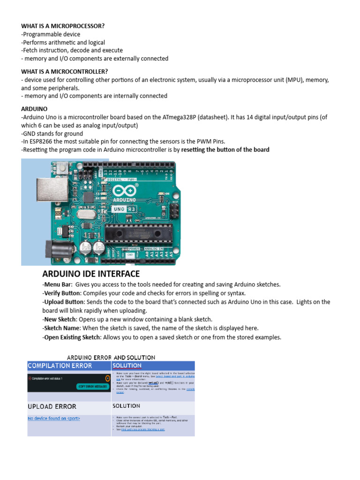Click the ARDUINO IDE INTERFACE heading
click(x=91, y=274)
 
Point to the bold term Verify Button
click(x=59, y=293)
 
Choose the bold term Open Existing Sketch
click(x=71, y=337)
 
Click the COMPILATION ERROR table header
click(x=60, y=366)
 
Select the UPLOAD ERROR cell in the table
click(x=52, y=406)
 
